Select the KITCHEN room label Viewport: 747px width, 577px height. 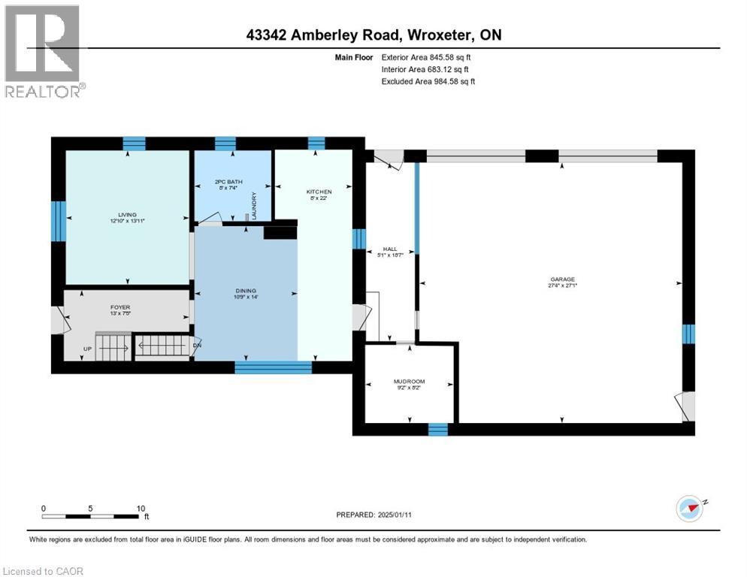pos(318,192)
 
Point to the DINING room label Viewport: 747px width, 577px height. pos(246,290)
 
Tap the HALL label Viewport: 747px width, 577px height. pos(389,249)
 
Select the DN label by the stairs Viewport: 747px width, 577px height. pos(197,346)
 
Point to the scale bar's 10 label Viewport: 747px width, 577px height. pos(141,508)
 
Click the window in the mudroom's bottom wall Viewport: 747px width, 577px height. pos(437,429)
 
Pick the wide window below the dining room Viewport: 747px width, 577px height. pos(273,367)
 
